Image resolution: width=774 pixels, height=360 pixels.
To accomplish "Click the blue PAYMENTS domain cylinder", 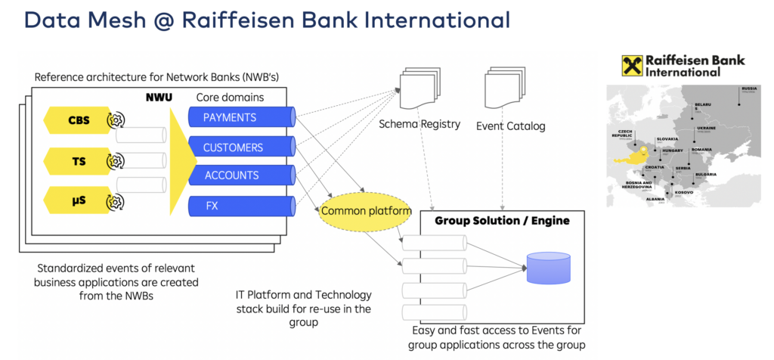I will point(240,117).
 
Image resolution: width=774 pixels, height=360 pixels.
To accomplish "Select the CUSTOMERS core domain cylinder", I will point(240,147).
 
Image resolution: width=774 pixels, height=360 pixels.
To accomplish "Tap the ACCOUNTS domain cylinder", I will point(240,175).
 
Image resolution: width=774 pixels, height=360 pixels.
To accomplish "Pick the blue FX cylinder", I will point(240,205).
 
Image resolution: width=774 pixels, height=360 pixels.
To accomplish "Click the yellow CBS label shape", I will point(76,119).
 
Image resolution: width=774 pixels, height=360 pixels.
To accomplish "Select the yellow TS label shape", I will point(76,161).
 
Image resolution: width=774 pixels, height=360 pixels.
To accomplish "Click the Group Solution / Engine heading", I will point(502,221).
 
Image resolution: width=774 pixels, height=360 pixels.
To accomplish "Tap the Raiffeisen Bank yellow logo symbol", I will point(632,66).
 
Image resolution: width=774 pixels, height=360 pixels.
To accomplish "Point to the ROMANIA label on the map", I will point(704,151).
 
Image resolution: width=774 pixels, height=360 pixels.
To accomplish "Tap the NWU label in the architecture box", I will point(159,98).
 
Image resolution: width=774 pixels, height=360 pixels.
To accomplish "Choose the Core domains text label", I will point(230,98).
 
